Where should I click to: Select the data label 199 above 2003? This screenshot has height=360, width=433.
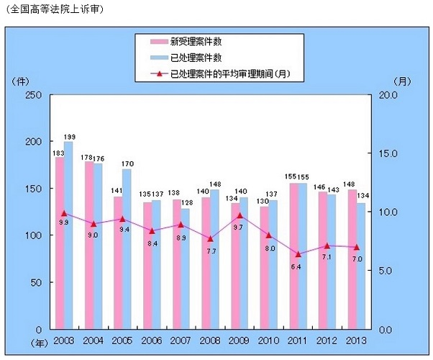(69, 137)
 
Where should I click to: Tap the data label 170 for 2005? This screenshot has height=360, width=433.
(127, 164)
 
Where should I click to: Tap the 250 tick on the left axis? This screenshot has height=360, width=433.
(32, 95)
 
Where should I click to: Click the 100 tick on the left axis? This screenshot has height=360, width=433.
(32, 235)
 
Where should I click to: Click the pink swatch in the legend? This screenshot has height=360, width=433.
(155, 41)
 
